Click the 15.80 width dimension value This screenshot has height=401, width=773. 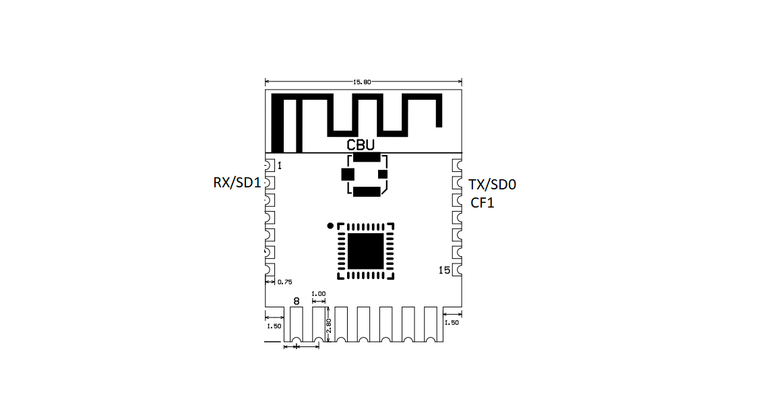pos(362,82)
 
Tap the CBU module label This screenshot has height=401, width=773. pos(361,145)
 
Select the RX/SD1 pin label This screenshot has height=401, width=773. pos(237,183)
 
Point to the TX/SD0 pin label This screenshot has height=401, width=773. pos(492,185)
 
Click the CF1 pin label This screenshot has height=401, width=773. pos(482,203)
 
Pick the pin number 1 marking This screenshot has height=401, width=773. pos(280,166)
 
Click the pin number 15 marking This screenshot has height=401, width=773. pos(444,270)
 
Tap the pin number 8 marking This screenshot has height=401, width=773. pos(297,301)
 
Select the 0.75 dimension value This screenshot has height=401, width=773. pos(284,282)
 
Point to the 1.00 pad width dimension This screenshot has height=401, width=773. pos(319,294)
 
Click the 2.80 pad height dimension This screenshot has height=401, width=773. pos(329,326)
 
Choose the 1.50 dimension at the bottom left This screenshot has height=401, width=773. pos(274,326)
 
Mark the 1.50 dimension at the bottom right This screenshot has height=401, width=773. pos(451,323)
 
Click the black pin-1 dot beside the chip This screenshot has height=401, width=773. pos(330,226)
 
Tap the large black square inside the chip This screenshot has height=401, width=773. pos(365,251)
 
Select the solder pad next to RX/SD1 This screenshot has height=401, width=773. pos(269,183)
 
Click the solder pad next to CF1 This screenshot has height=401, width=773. pos(457,201)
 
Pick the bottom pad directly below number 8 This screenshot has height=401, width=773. pos(297,325)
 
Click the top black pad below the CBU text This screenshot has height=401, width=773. pos(367,157)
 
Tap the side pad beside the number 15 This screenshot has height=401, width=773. pos(457,270)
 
